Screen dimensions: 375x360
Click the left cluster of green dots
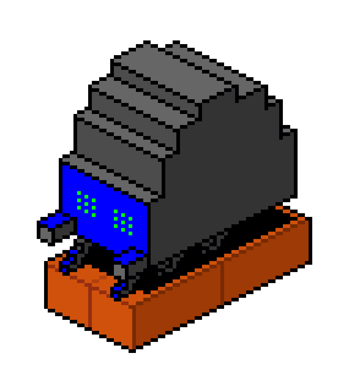(86, 204)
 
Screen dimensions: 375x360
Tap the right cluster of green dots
(123, 222)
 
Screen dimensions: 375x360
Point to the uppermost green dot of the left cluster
(79, 193)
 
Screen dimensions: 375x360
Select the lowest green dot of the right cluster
(130, 233)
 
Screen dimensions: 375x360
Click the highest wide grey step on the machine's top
(173, 70)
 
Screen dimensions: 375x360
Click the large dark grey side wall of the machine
(220, 165)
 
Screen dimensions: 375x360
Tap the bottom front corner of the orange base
(132, 347)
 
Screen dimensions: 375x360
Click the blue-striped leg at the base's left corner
(68, 261)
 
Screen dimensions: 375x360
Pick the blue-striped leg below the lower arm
(119, 290)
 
